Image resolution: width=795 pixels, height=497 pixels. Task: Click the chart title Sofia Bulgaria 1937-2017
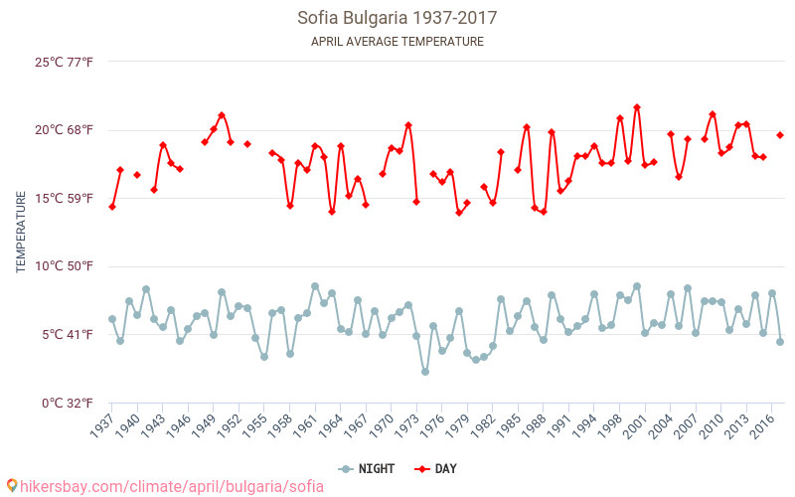click(x=397, y=18)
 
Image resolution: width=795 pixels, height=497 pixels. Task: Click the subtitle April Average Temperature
click(x=397, y=42)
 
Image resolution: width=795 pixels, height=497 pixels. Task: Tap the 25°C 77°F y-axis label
click(x=65, y=63)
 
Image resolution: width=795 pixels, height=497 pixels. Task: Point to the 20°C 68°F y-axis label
click(x=65, y=130)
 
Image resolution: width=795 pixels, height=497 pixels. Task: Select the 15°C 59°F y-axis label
click(x=65, y=199)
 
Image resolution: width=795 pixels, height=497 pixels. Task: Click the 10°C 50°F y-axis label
click(x=65, y=266)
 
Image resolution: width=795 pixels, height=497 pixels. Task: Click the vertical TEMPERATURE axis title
click(x=21, y=233)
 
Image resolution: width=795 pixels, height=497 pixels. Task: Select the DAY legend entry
click(x=437, y=469)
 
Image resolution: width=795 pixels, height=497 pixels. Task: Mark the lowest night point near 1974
click(x=425, y=372)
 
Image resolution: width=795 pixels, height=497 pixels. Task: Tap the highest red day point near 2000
click(x=637, y=107)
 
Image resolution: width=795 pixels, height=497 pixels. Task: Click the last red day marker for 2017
click(x=780, y=135)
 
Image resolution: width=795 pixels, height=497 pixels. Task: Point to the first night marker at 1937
click(x=112, y=319)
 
